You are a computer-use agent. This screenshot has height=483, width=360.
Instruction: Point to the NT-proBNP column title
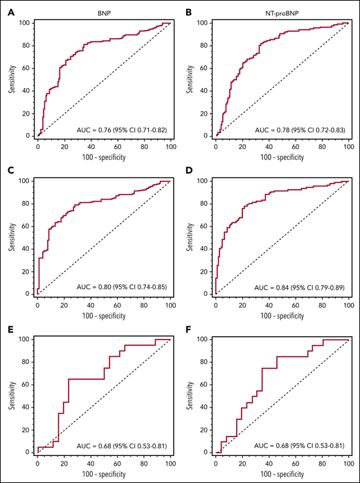click(282, 12)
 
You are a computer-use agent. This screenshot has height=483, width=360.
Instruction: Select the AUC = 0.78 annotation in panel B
click(302, 129)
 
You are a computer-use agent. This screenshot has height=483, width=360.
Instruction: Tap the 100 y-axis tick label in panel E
click(24, 340)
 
